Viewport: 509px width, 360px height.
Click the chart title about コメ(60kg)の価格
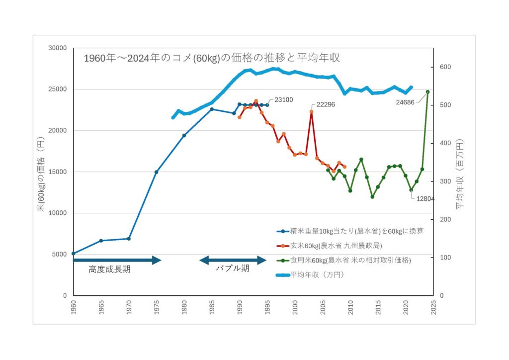[x=211, y=58]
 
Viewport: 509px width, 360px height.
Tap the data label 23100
[x=283, y=99]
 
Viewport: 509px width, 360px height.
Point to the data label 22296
[x=326, y=104]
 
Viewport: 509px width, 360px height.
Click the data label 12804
[x=425, y=198]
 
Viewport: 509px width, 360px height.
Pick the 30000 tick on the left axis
[x=58, y=48]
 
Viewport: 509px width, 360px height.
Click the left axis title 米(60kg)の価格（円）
[x=42, y=171]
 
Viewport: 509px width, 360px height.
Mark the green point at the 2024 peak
[x=427, y=92]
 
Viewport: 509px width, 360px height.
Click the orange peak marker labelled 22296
[x=311, y=112]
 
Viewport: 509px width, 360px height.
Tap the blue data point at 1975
[x=157, y=172]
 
